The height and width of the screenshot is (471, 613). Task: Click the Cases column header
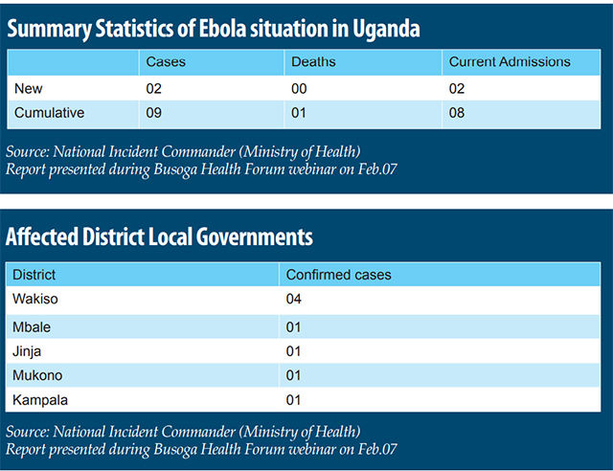[166, 62]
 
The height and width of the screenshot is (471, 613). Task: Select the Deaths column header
[313, 62]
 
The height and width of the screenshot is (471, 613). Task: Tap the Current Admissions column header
[509, 62]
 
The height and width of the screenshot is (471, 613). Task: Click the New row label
[29, 88]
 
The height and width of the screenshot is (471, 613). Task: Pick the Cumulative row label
[50, 113]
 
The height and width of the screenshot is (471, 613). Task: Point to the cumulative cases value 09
[155, 113]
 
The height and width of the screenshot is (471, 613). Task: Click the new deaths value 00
[301, 88]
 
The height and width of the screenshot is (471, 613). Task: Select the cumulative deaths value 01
[301, 113]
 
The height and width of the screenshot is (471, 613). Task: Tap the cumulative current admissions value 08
[458, 113]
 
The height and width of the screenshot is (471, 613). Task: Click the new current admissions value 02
[458, 88]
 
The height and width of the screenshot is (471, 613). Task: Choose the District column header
[34, 275]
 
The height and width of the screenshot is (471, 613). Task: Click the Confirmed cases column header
[339, 275]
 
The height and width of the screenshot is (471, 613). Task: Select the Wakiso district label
[36, 299]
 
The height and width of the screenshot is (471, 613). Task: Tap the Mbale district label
[33, 326]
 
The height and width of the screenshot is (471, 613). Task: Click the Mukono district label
[37, 374]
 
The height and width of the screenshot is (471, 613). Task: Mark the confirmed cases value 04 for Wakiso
[294, 299]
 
